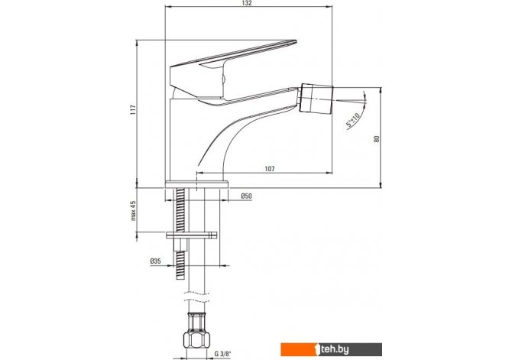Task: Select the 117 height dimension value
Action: (x=133, y=109)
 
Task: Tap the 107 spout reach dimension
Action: (x=270, y=169)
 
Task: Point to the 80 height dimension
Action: (x=377, y=138)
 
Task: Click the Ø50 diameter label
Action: (x=246, y=196)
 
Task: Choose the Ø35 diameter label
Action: (x=155, y=261)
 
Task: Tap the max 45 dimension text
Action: (x=133, y=211)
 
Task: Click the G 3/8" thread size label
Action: (x=222, y=353)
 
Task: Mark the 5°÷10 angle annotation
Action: (x=353, y=120)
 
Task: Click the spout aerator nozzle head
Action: (x=316, y=98)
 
